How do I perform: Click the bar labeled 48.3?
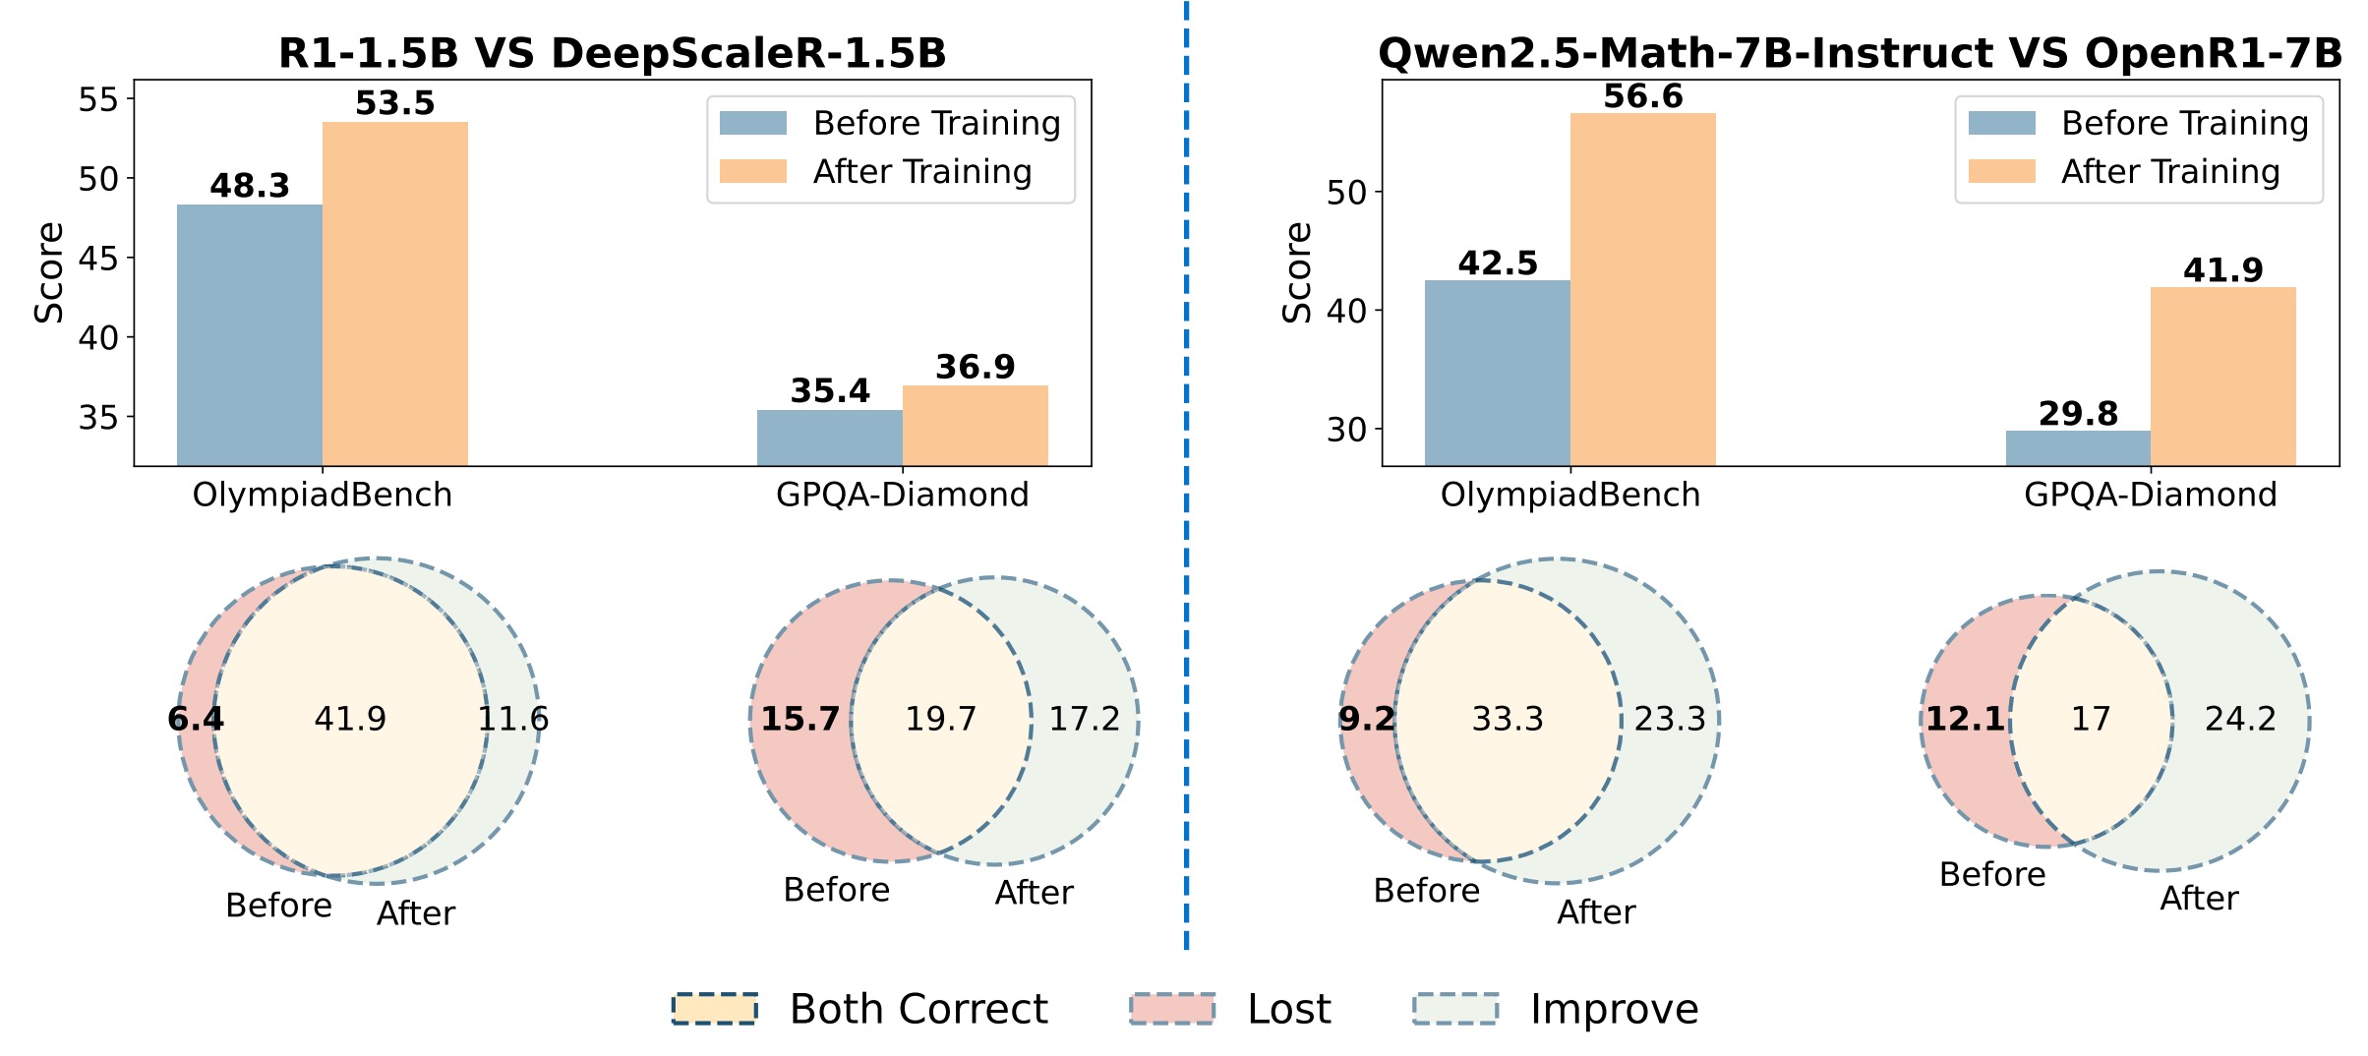[250, 334]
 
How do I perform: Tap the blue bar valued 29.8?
[2078, 447]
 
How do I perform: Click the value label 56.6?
[1642, 96]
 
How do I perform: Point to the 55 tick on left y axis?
[98, 99]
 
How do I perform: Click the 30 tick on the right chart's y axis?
[1346, 430]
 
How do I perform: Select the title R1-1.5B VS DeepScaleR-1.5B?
[612, 53]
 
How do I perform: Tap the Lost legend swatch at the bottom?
[1172, 1009]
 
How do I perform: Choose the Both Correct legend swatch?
[715, 1009]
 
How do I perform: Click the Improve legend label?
[1614, 1009]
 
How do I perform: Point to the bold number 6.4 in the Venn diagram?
[196, 719]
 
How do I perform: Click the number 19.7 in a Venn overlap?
[940, 719]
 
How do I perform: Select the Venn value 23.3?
[1670, 719]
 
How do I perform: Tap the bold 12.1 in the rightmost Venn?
[1965, 719]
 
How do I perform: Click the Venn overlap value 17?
[2091, 719]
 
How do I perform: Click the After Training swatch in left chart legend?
[753, 171]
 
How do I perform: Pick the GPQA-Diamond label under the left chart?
[902, 495]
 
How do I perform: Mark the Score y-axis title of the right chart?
[1297, 272]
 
